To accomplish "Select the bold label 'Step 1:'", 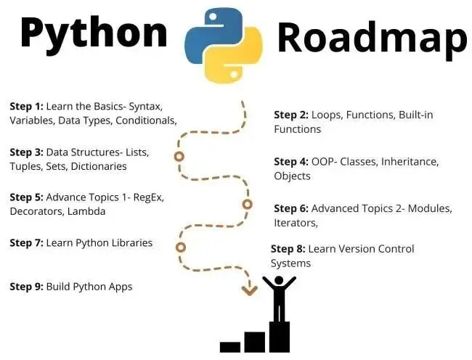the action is [26, 106].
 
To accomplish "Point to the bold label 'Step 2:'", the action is [290, 115].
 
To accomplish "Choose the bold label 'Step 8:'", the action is [288, 248].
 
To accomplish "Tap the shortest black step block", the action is [230, 346].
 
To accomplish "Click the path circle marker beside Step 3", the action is [179, 157].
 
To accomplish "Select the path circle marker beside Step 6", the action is [247, 205].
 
